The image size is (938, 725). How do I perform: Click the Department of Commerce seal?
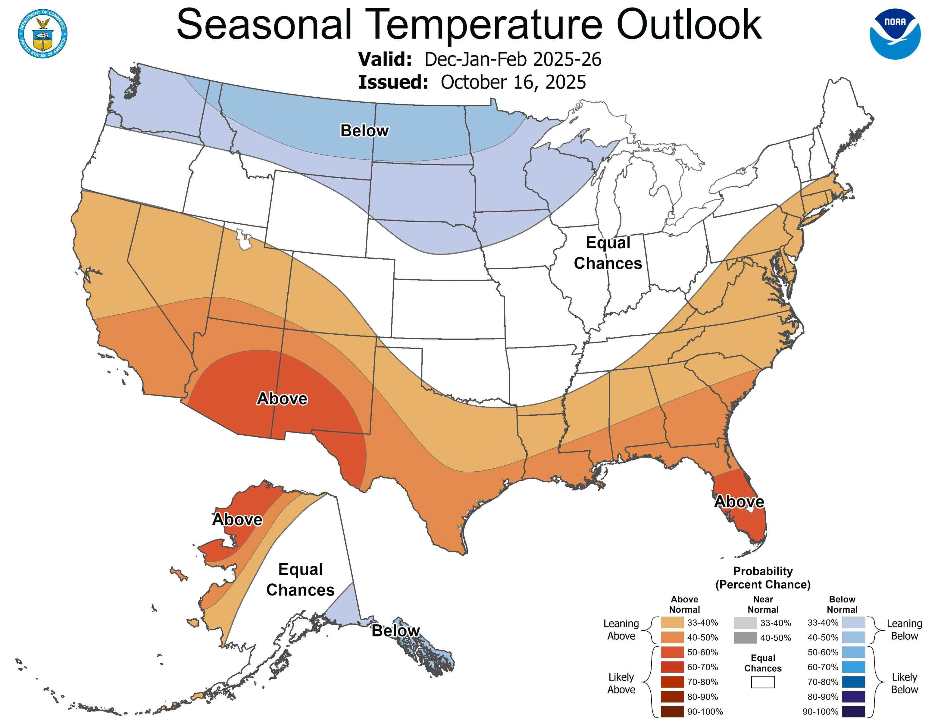tap(43, 33)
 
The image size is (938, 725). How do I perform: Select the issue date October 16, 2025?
tap(513, 82)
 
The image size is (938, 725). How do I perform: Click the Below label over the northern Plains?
tap(364, 130)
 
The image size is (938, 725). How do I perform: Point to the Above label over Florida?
tap(739, 502)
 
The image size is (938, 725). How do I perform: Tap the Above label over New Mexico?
tap(282, 398)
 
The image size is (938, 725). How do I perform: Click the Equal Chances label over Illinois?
tap(608, 253)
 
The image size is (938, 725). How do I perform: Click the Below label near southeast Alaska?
tap(395, 631)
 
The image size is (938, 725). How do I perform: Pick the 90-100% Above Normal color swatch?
tap(672, 711)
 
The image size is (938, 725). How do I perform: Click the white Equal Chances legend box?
tap(763, 682)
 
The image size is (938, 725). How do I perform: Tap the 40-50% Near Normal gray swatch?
tap(745, 637)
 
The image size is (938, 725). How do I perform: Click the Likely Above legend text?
tap(621, 683)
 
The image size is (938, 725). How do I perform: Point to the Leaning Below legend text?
tap(904, 629)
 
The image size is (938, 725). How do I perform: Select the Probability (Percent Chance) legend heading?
tap(763, 578)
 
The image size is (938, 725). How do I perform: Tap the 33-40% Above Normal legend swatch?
tap(672, 622)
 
